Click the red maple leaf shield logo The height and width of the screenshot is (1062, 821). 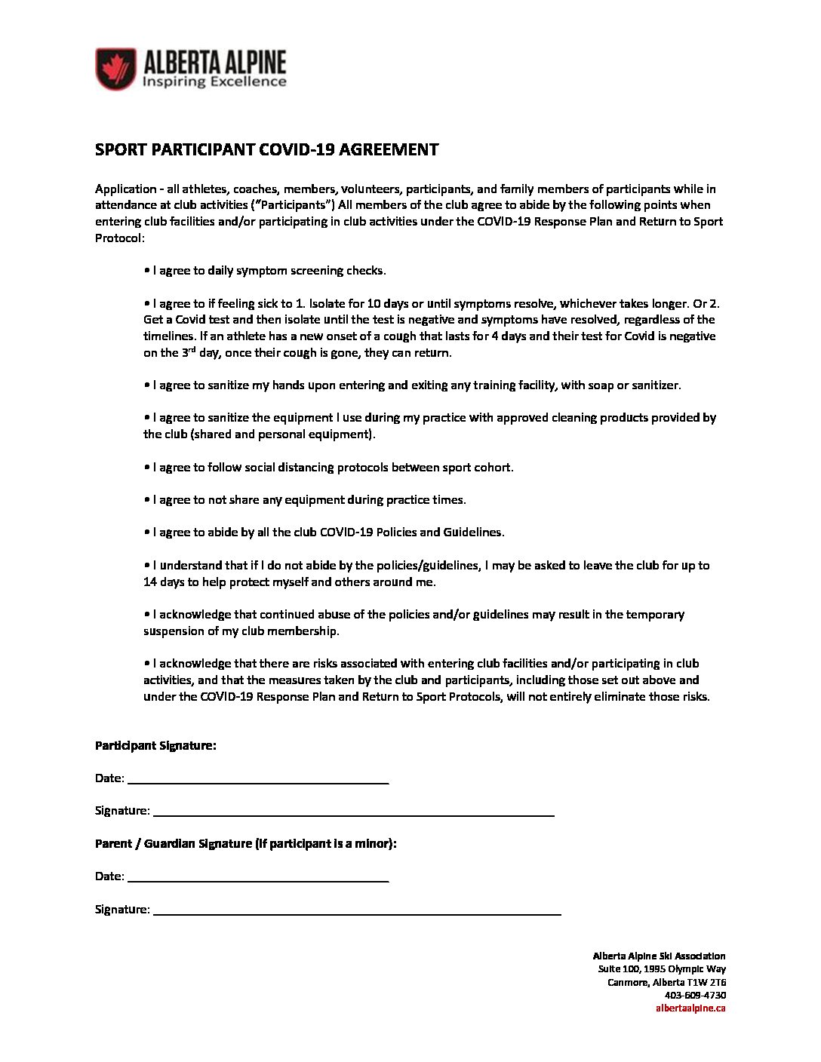click(115, 69)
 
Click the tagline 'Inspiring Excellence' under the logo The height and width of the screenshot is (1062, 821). click(215, 81)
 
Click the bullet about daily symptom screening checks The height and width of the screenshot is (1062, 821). click(265, 271)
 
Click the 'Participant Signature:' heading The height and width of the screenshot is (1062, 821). click(155, 745)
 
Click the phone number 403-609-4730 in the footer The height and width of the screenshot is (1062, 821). click(695, 995)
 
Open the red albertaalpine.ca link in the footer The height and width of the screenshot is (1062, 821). click(690, 1008)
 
